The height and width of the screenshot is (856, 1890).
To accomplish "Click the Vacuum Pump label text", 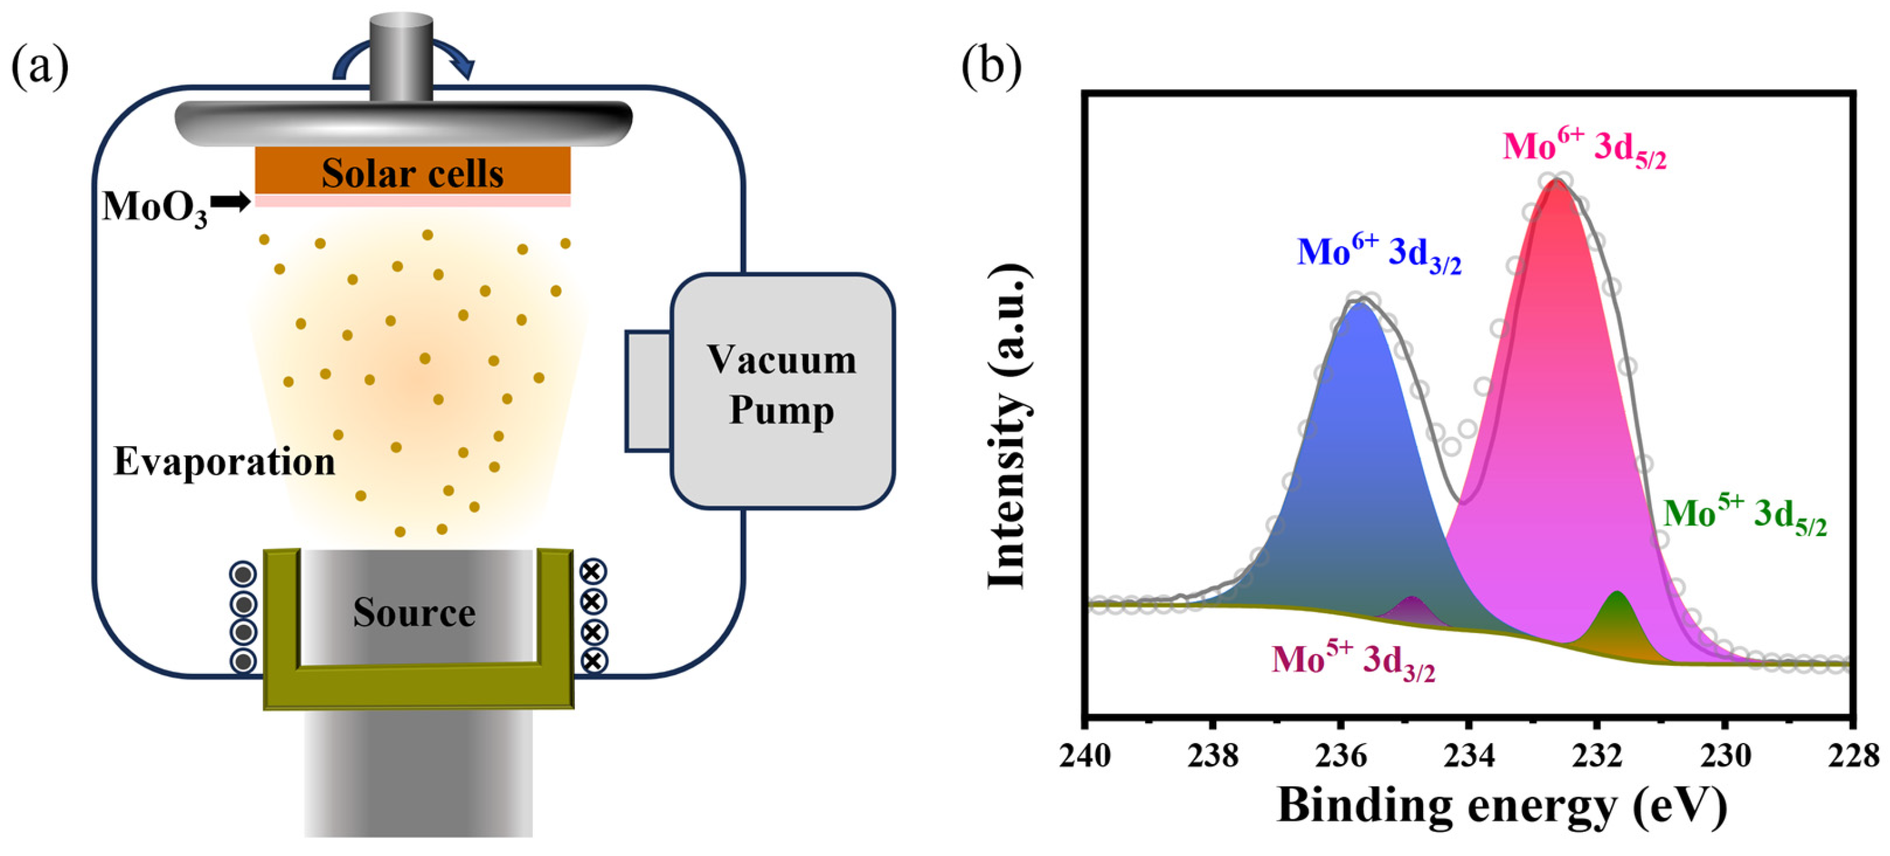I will (x=781, y=385).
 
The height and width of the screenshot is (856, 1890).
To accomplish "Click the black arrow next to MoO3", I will (x=231, y=203).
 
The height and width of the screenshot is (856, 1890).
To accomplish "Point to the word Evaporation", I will (x=224, y=463).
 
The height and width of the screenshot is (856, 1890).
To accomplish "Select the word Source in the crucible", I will (x=414, y=612).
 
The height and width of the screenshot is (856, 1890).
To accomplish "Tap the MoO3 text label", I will (x=155, y=207).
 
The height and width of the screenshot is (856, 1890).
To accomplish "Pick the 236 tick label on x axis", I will (x=1341, y=755).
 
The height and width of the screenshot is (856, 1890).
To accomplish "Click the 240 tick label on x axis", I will (x=1085, y=755).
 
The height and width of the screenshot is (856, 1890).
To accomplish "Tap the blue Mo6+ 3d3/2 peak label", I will (x=1380, y=254).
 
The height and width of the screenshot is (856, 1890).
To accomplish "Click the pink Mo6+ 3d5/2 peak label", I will (x=1585, y=150).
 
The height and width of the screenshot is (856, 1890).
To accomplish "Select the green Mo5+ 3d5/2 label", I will (x=1745, y=516).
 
